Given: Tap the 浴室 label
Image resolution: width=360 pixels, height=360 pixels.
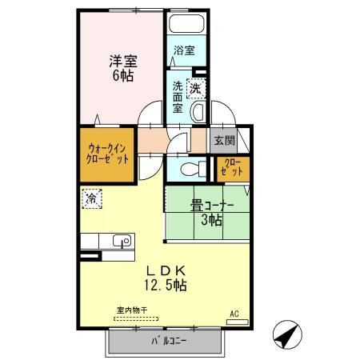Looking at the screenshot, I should coord(184,50).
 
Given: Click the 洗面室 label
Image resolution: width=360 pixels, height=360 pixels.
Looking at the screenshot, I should coord(177,95).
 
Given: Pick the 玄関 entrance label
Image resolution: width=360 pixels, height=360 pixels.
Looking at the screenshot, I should coord(224,140).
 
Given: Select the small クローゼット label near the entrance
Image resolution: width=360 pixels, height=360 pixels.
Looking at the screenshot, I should coord(232,169).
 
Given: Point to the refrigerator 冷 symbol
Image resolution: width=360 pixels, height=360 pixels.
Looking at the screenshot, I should coord(92,196).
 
